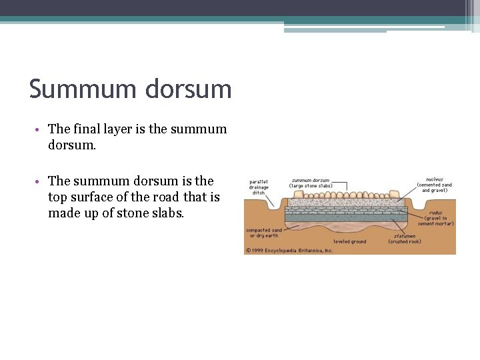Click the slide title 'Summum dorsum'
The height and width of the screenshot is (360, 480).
(130, 89)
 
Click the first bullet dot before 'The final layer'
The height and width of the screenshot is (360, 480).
(41, 130)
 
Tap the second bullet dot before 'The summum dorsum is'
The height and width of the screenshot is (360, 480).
(41, 182)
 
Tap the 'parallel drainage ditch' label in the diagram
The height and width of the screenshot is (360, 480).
(259, 187)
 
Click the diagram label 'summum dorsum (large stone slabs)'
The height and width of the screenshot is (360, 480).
(310, 182)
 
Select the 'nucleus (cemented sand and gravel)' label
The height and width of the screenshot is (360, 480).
(436, 185)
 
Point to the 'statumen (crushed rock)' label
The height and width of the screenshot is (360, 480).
(404, 238)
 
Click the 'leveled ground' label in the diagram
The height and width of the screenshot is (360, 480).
(349, 241)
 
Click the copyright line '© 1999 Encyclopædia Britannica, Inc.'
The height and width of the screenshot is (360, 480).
(289, 251)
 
